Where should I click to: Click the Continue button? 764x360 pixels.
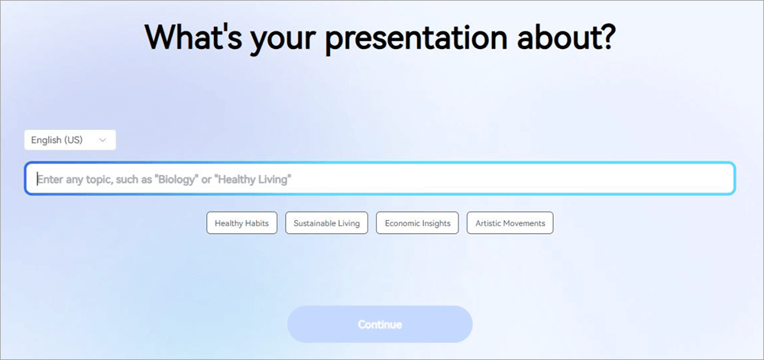[x=380, y=324]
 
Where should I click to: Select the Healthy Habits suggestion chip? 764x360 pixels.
[x=241, y=223]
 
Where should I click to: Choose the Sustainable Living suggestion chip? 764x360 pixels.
[x=326, y=223]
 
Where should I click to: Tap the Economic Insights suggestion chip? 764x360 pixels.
[x=418, y=223]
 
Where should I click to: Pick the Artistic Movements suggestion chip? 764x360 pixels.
[x=510, y=223]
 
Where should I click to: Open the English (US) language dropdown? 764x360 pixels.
[x=70, y=140]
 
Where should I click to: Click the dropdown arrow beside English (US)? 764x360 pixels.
[x=102, y=141]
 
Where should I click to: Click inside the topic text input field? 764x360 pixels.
[x=380, y=178]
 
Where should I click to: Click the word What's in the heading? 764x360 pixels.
[x=193, y=37]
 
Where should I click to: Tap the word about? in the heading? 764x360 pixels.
[x=567, y=37]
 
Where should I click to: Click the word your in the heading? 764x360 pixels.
[x=283, y=40]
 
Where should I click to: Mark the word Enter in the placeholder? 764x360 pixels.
[x=49, y=180]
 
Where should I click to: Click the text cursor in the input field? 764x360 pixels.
[x=37, y=179]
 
